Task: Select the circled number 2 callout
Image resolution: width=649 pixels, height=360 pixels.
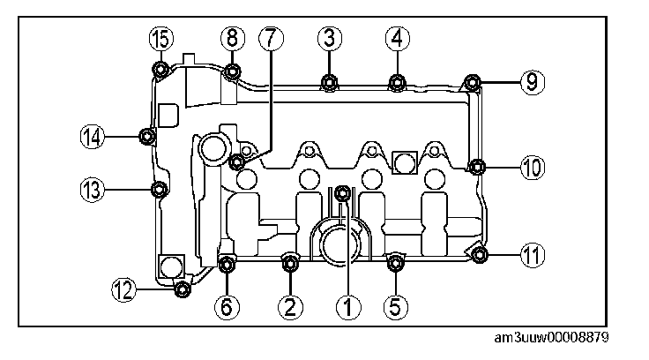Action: coord(290,306)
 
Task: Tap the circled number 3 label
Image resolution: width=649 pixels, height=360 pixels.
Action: coord(329,38)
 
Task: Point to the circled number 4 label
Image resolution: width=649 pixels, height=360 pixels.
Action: coord(396,38)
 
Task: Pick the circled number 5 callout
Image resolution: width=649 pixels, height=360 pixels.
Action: coord(395,306)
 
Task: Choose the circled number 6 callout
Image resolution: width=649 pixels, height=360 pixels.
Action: coord(228,306)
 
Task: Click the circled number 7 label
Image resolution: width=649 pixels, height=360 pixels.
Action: coord(270,38)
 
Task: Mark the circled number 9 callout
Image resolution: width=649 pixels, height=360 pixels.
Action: coord(531,82)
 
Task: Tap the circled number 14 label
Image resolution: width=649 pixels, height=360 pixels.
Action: coord(93,136)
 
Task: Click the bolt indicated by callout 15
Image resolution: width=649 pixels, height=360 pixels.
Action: coord(161,71)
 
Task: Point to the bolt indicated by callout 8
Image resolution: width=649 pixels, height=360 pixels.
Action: coord(232,71)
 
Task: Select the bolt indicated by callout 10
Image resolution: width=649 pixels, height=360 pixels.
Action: coord(477,166)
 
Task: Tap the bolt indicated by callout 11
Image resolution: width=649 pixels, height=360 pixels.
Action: coord(480,256)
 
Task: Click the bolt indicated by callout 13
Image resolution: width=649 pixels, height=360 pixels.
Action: coord(159,189)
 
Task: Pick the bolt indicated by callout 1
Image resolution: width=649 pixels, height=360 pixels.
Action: coord(344,191)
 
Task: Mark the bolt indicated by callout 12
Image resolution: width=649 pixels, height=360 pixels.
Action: coord(182,288)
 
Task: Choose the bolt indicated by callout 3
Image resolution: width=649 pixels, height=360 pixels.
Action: coord(329,83)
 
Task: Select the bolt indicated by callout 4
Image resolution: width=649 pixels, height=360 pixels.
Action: coord(396,83)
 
